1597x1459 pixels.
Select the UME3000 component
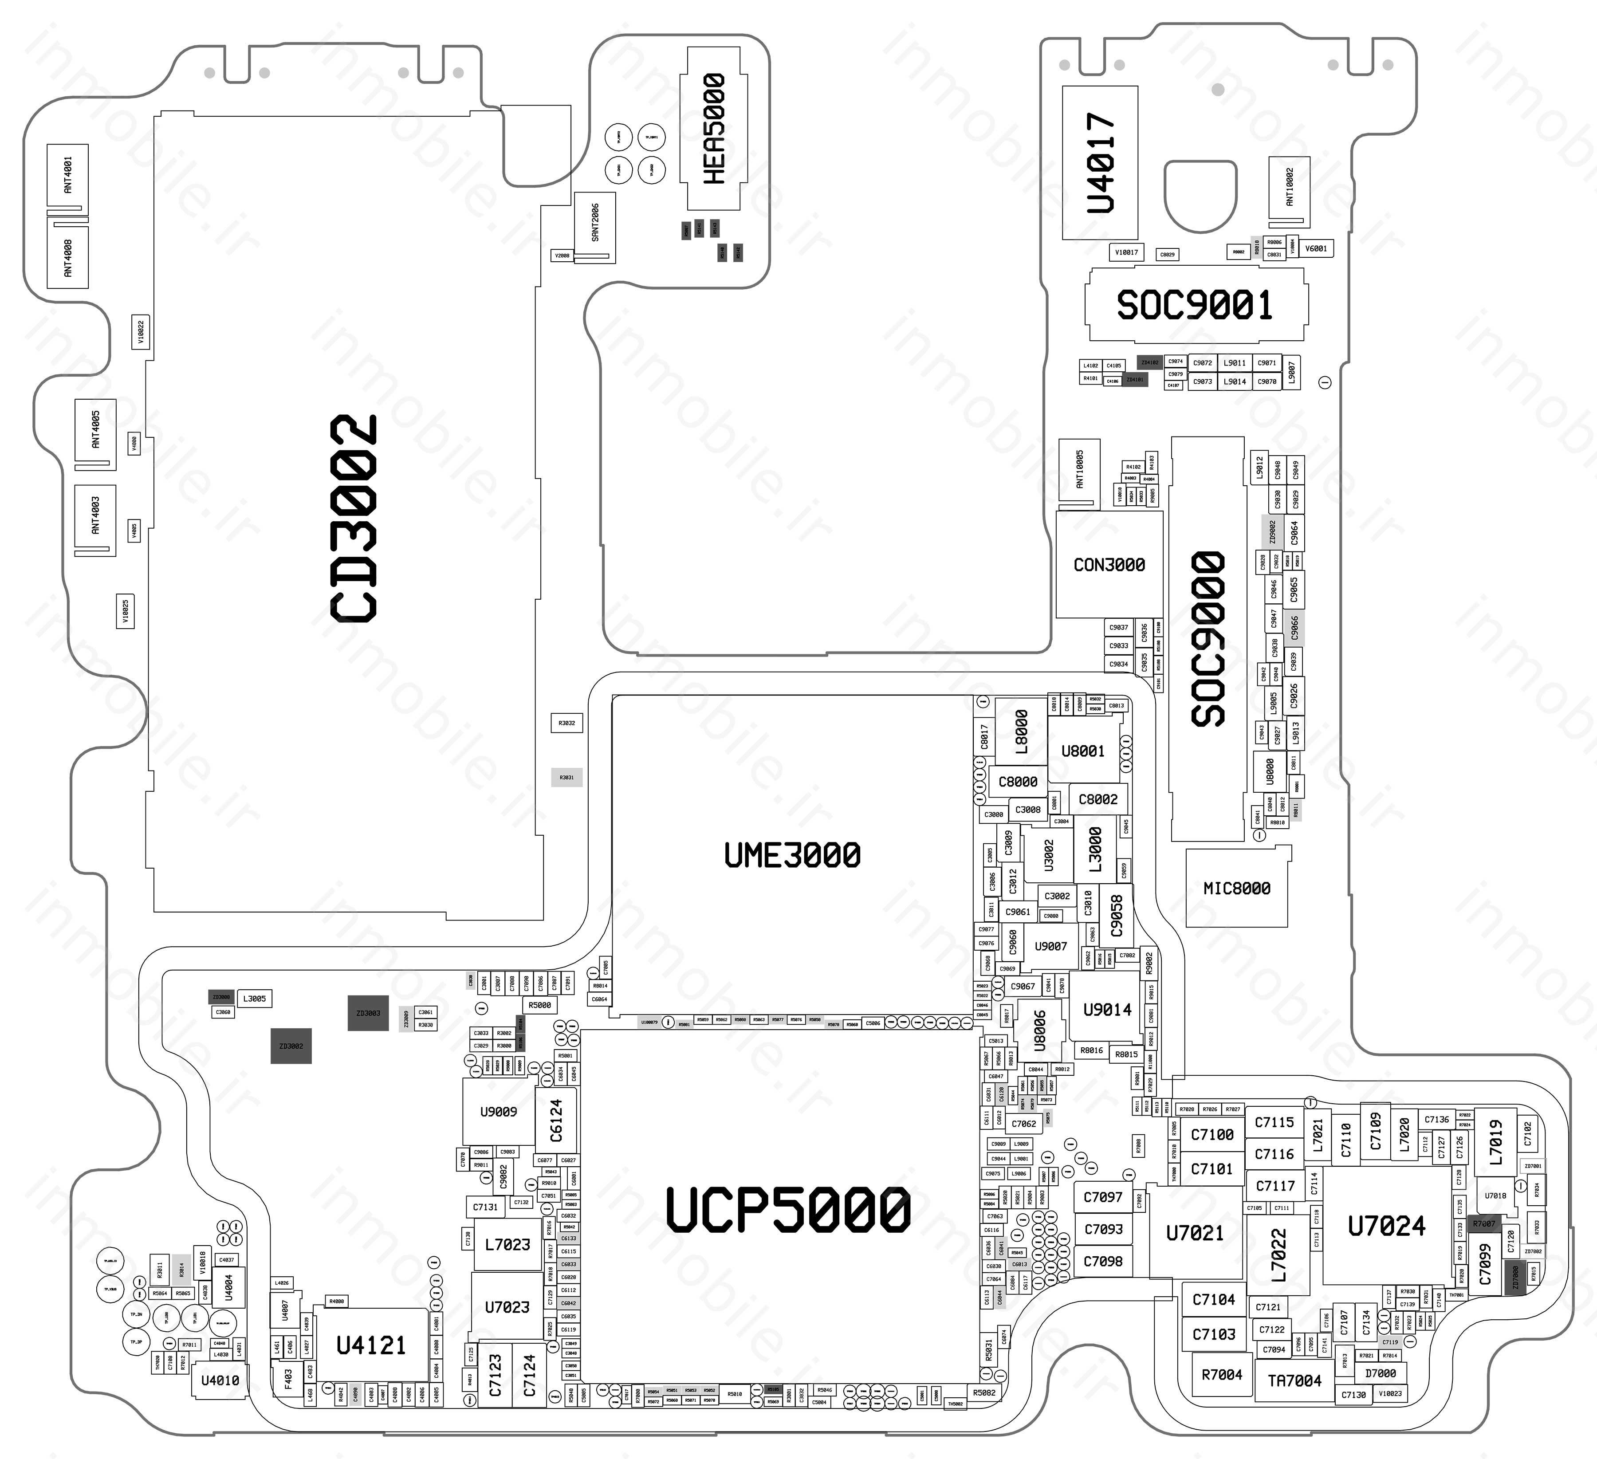click(792, 855)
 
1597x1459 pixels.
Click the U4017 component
click(1100, 162)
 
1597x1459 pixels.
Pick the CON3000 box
click(1109, 565)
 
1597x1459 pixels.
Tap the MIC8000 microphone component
click(1237, 889)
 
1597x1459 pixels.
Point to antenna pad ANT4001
click(67, 175)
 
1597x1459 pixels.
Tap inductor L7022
click(1278, 1255)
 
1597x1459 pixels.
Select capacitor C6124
click(556, 1120)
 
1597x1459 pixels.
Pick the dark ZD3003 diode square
click(368, 1013)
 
